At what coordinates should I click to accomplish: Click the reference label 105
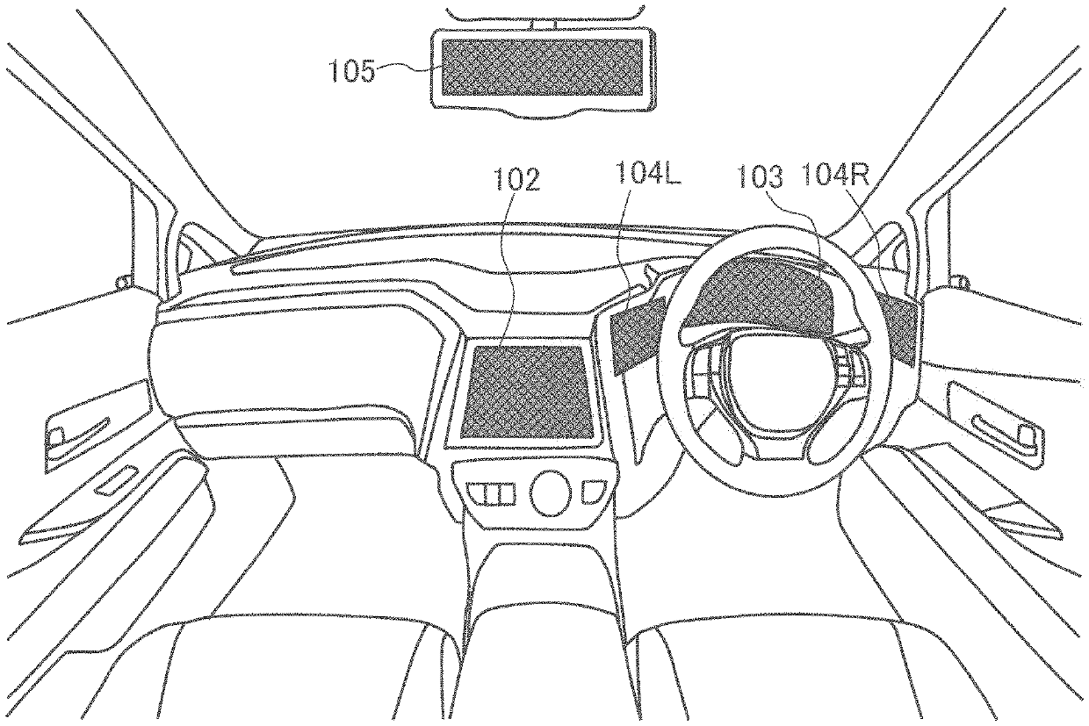pos(352,71)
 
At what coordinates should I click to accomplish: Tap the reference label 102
pos(516,179)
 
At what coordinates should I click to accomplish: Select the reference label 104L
pos(648,173)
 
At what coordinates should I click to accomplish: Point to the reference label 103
pos(761,176)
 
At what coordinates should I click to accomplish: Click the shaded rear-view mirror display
pos(542,67)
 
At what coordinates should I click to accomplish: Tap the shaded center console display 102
pos(528,390)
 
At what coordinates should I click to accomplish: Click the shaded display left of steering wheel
pos(638,334)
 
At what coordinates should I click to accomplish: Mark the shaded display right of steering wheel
pos(899,330)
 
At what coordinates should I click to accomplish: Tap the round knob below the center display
pos(550,492)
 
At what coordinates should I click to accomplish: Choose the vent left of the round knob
pos(491,493)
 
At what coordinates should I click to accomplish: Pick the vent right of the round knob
pos(594,492)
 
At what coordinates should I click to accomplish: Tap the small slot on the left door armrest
pos(116,480)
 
